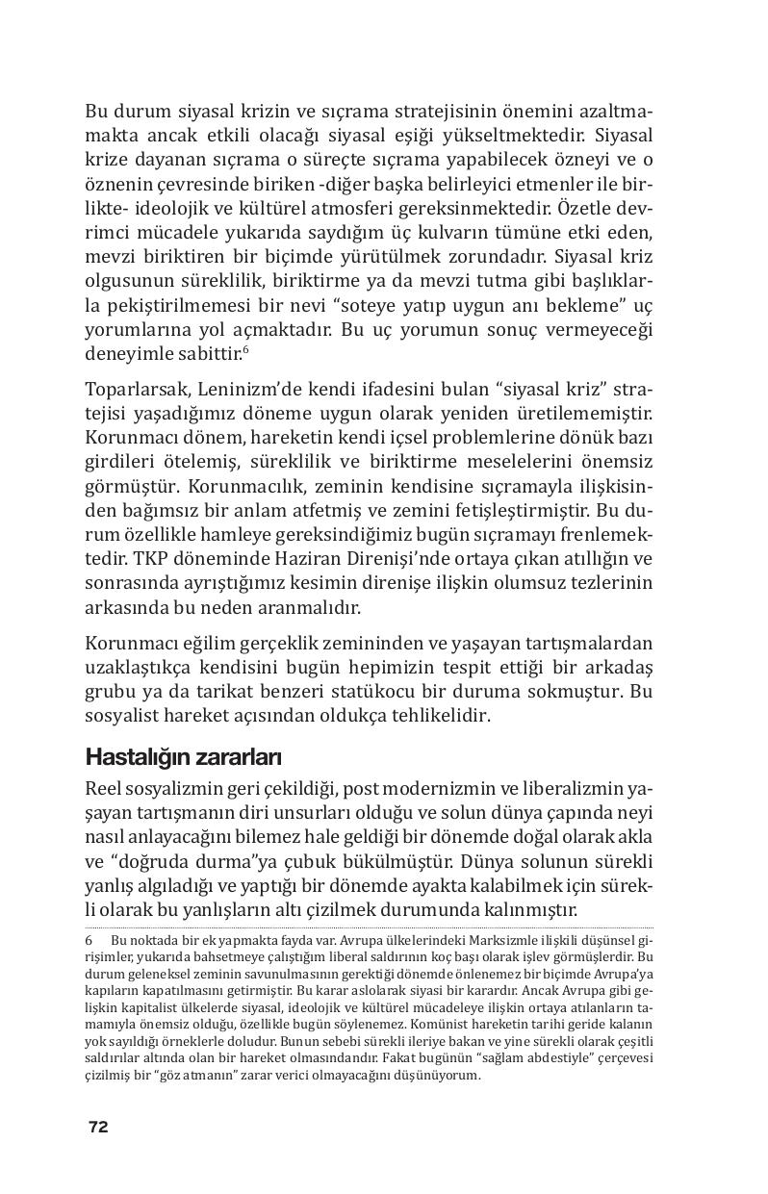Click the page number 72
97,1127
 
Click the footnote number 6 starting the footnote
90,939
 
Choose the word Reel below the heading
105,788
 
